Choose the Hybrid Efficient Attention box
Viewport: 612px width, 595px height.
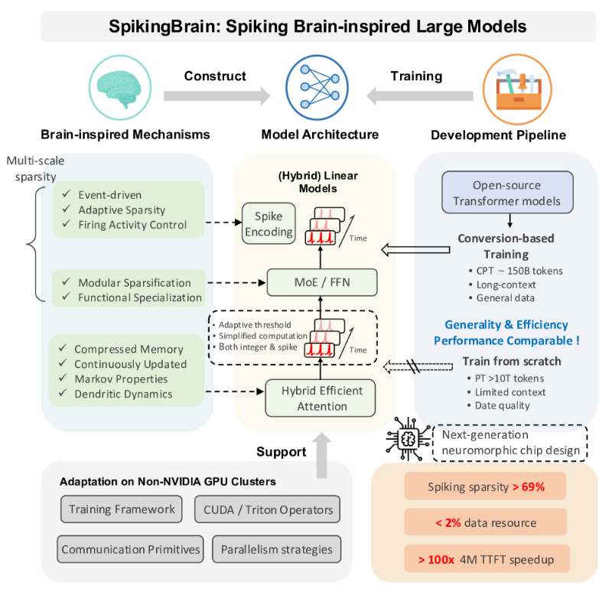click(x=321, y=398)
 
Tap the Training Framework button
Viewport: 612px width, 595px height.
click(x=122, y=509)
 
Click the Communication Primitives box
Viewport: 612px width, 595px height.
click(x=131, y=549)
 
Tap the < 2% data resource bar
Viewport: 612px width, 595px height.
click(x=486, y=522)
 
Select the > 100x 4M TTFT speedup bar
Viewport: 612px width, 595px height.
click(x=486, y=560)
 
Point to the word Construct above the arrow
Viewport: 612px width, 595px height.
click(x=215, y=76)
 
